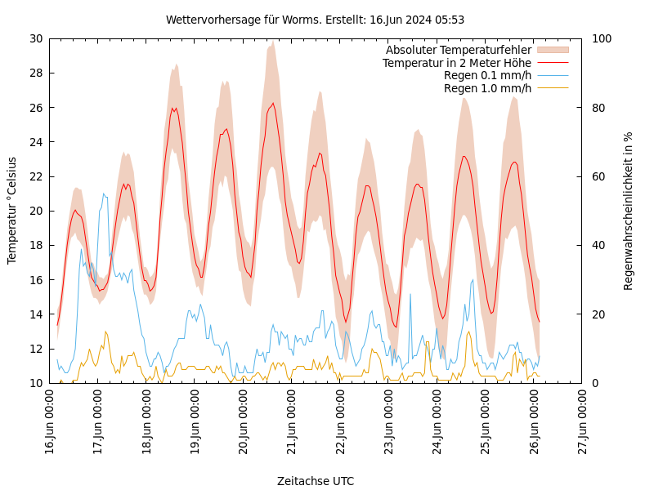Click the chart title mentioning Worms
(315, 20)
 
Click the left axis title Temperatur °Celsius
(12, 211)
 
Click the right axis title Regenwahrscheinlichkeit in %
(629, 211)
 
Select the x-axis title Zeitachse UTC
(316, 481)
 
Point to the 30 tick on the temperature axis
(35, 38)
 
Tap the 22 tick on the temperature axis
(35, 176)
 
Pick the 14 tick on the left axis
(35, 314)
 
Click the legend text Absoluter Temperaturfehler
(459, 51)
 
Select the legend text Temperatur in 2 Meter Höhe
(457, 63)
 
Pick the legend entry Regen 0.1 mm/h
(487, 75)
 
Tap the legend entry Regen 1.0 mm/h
(487, 87)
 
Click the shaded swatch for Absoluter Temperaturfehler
(552, 51)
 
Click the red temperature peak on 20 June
(273, 104)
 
